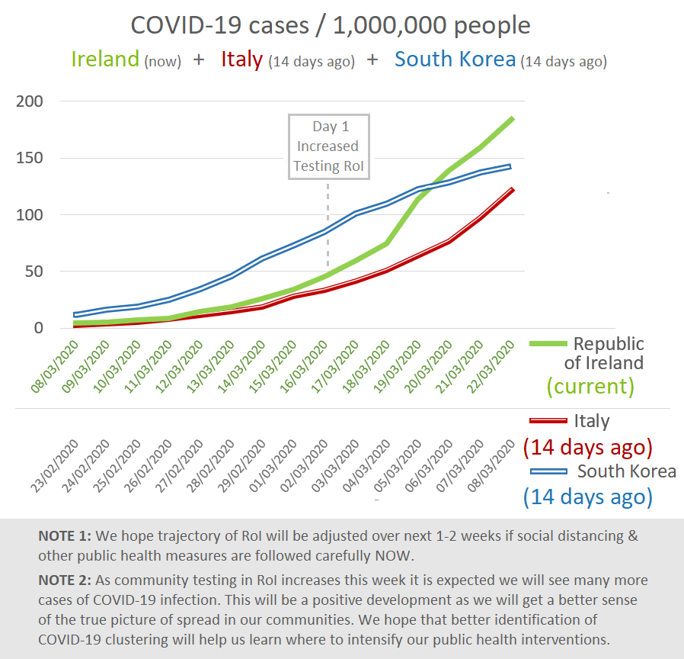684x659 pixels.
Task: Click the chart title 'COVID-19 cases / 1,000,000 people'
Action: tap(331, 25)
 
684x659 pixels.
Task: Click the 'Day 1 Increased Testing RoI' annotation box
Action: tap(328, 146)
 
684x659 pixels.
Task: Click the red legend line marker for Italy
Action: tap(548, 420)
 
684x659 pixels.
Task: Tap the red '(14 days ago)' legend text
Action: tap(587, 446)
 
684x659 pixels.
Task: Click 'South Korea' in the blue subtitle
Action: tap(455, 59)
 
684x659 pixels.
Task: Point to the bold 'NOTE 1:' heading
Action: tap(65, 535)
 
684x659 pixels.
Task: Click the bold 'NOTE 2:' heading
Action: tap(65, 581)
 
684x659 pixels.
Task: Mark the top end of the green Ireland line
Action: tap(513, 118)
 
